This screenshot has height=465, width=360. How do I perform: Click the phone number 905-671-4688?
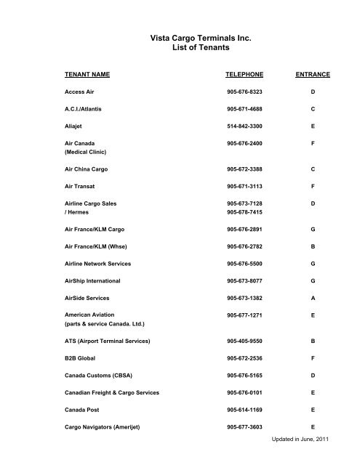click(x=245, y=109)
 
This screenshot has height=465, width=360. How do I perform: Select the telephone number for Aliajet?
click(x=245, y=125)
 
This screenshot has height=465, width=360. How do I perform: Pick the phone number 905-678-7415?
click(x=245, y=214)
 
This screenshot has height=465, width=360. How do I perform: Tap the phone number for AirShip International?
click(x=245, y=280)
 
